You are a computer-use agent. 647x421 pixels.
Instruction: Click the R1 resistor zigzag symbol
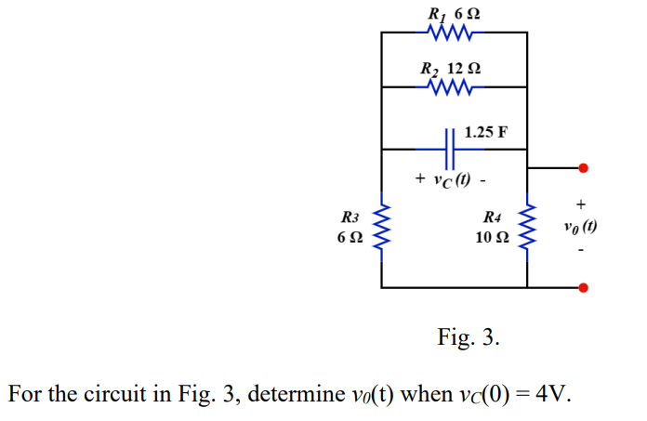[455, 33]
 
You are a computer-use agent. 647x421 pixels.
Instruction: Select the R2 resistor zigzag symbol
[455, 87]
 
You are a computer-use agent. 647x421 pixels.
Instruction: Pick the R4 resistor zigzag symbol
[527, 228]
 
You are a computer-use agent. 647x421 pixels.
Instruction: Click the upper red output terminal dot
[583, 168]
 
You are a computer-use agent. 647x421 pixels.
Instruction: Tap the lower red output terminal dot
[583, 287]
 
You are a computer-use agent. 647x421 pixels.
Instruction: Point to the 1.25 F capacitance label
[485, 131]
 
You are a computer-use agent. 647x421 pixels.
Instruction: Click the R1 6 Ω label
[455, 13]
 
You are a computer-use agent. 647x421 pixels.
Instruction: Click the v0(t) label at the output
[580, 227]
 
